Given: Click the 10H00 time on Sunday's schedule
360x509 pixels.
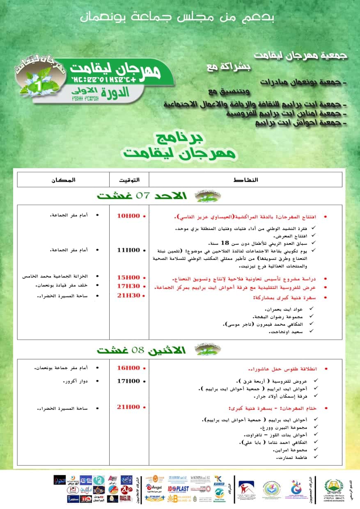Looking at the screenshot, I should tap(128, 216).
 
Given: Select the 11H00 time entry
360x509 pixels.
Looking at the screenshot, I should tap(128, 250).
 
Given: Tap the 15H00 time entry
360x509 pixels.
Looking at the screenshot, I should tap(128, 277).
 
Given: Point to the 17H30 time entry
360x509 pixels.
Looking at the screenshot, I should tap(128, 286).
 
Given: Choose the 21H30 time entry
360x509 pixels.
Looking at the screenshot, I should tap(128, 295).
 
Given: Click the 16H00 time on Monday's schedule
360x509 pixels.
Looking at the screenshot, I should tap(128, 368).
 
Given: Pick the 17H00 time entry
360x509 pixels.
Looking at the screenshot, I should tap(128, 381).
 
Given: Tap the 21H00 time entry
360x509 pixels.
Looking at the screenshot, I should tap(128, 407).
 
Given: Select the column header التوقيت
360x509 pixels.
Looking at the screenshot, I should tap(129, 180).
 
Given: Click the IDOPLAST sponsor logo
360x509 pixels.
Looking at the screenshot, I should tap(178, 488).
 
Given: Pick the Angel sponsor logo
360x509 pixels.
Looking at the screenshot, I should tap(155, 487).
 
